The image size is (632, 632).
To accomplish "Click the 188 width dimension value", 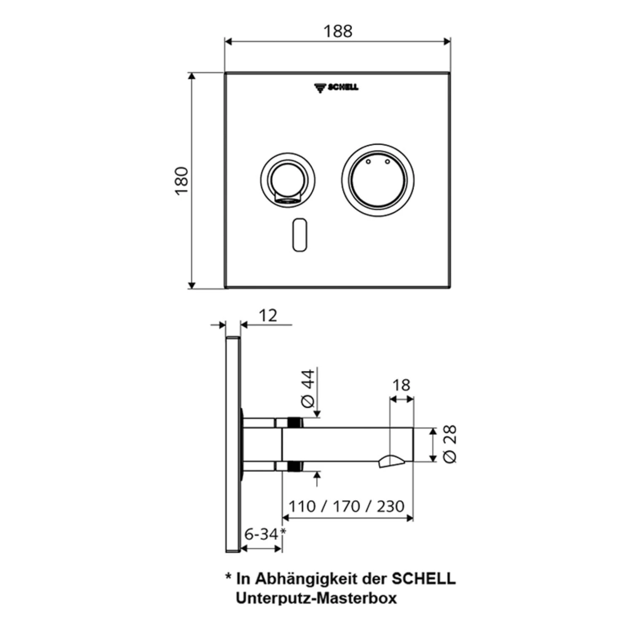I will pyautogui.click(x=337, y=31).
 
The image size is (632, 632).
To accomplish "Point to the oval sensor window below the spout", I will pyautogui.click(x=299, y=235).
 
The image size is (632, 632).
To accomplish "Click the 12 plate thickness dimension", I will pyautogui.click(x=268, y=316).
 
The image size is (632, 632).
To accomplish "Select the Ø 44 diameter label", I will pyautogui.click(x=309, y=388).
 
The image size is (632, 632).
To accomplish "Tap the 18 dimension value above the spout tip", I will pyautogui.click(x=401, y=385).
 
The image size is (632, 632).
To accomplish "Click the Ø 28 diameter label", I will pyautogui.click(x=450, y=444).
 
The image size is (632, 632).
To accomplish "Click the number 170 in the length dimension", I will pyautogui.click(x=346, y=506).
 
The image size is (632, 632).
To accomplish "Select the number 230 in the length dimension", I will pyautogui.click(x=390, y=506).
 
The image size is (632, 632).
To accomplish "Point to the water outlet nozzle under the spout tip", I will pyautogui.click(x=391, y=461).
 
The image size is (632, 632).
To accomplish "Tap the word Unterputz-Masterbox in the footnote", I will pyautogui.click(x=316, y=598).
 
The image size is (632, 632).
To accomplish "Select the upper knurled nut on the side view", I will pyautogui.click(x=295, y=422).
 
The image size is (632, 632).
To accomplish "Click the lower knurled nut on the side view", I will pyautogui.click(x=295, y=466).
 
